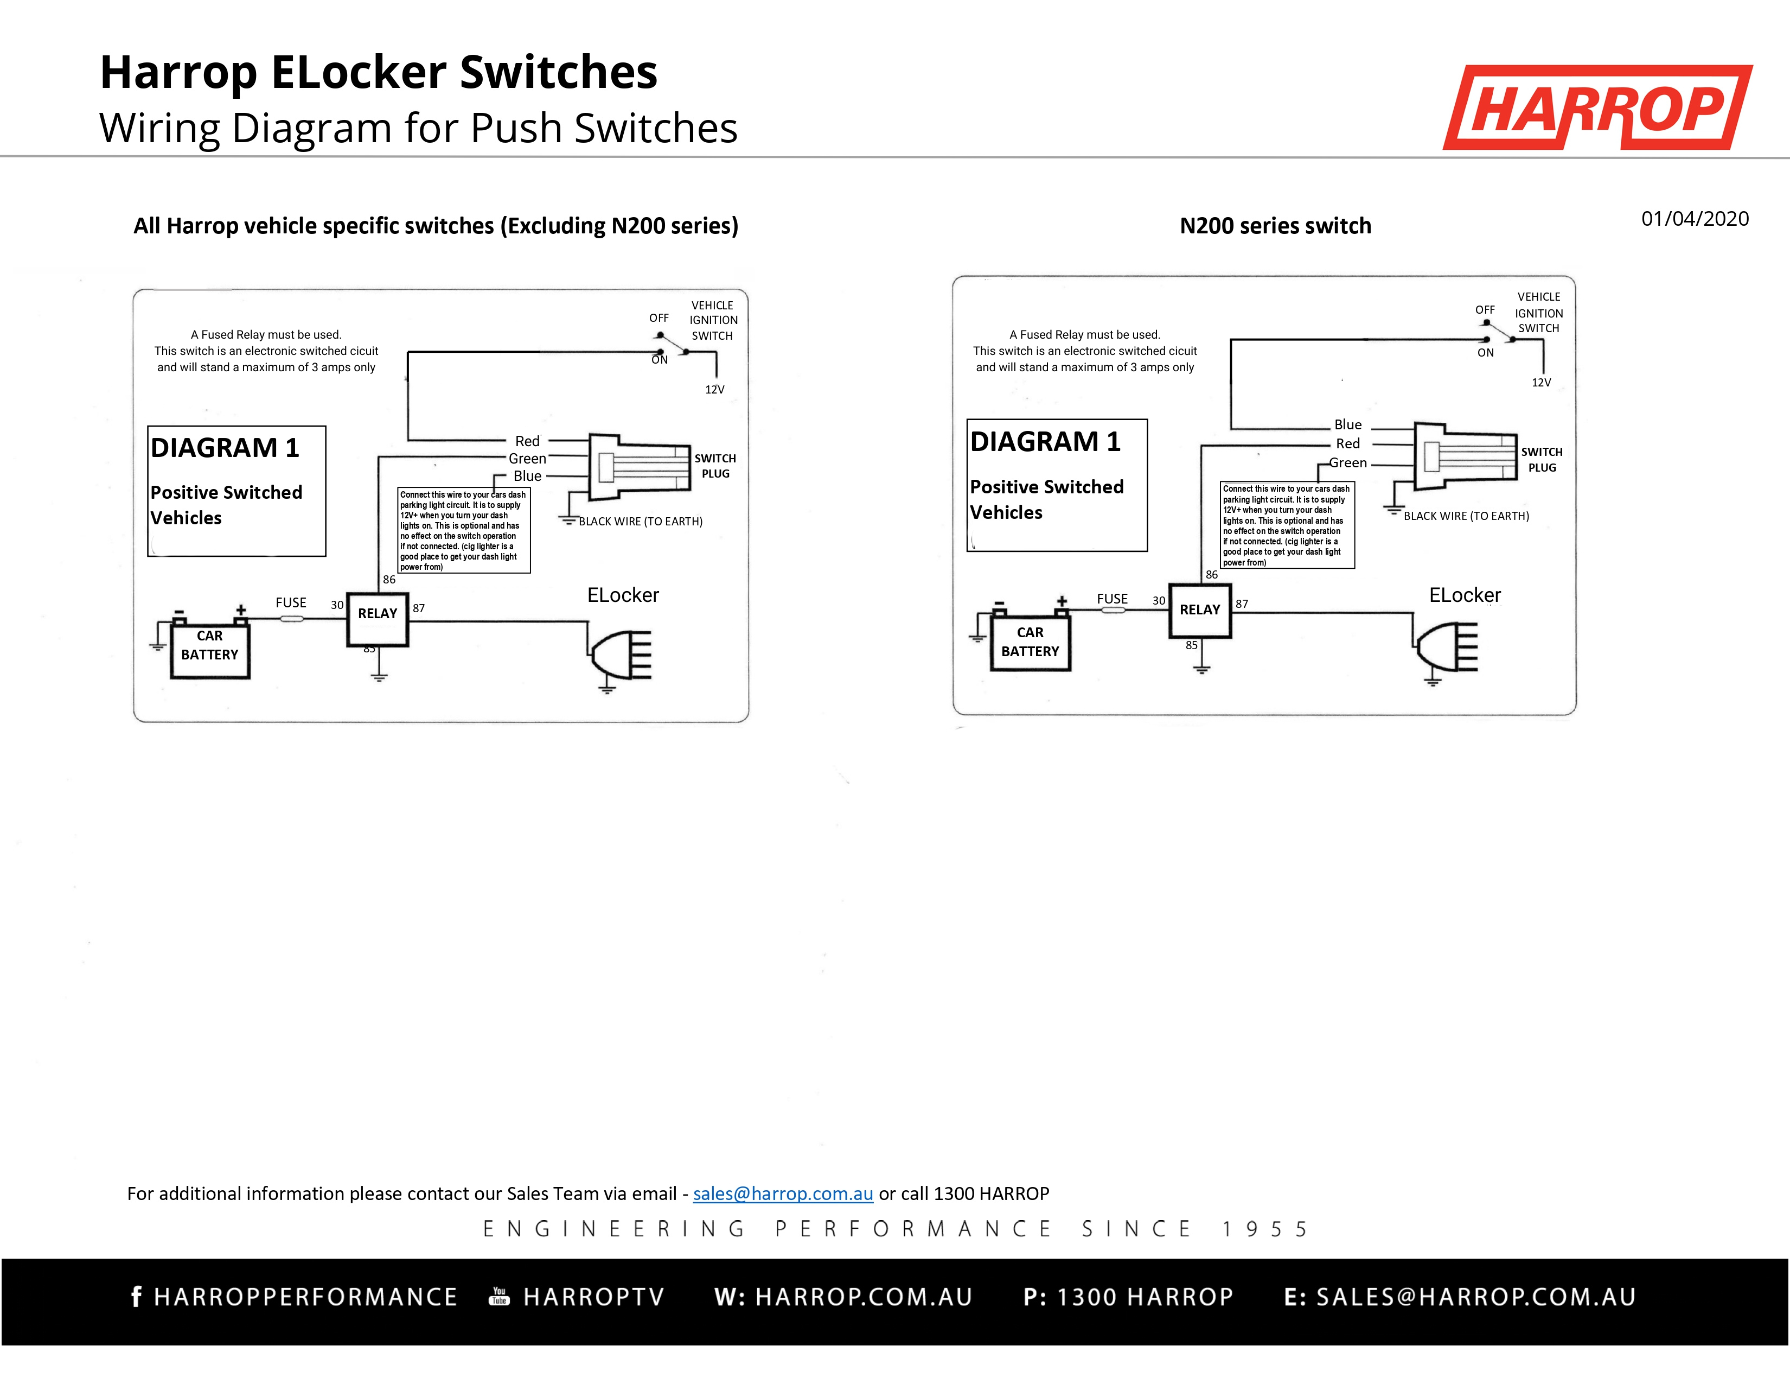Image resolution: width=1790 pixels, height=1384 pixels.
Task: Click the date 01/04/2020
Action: click(1694, 219)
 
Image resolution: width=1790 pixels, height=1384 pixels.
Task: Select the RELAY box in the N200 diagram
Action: click(1200, 610)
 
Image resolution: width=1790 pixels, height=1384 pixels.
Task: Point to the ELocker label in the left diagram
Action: click(623, 595)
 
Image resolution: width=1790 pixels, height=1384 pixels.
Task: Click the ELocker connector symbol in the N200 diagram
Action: click(1447, 647)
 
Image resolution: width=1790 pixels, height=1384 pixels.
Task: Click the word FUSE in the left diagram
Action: click(291, 602)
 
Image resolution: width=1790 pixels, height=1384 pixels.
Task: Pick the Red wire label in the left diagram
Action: click(527, 441)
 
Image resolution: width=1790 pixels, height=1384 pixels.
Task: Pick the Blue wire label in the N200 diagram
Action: click(1347, 425)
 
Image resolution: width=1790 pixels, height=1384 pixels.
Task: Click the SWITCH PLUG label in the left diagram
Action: click(715, 466)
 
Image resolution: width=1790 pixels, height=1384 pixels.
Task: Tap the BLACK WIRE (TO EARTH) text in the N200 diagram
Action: click(1466, 516)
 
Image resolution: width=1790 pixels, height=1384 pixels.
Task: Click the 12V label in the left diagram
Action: click(715, 390)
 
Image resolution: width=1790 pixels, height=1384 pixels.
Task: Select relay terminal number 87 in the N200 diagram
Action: click(1242, 604)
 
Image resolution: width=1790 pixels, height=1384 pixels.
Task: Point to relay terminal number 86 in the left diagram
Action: click(389, 580)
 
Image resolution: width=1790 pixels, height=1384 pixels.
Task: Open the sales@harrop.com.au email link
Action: click(783, 1194)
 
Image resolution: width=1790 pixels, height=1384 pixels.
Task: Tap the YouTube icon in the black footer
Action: click(499, 1296)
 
